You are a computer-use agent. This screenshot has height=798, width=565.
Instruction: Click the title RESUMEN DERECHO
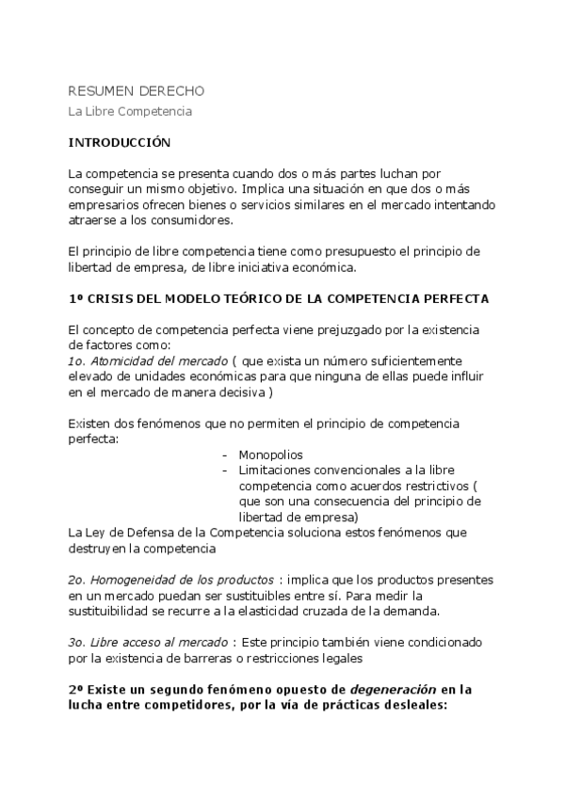[x=136, y=91]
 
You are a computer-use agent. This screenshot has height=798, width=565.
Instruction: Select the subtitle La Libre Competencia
[x=130, y=112]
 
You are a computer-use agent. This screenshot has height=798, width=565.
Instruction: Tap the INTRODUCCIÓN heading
[x=121, y=143]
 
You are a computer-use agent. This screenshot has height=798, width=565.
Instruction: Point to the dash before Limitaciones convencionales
[x=225, y=470]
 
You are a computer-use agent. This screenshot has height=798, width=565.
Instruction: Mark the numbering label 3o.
[x=78, y=642]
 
